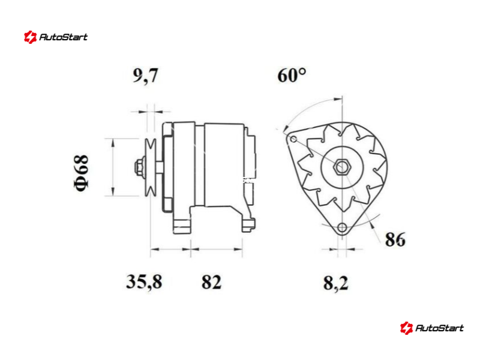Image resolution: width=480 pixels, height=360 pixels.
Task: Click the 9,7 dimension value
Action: [x=146, y=76]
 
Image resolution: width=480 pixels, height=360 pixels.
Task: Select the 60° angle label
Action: [x=292, y=76]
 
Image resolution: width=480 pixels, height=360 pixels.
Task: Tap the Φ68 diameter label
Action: [x=82, y=173]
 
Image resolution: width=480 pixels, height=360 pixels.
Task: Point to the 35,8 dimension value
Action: [x=144, y=282]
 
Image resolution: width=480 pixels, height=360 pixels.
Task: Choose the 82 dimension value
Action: [x=211, y=282]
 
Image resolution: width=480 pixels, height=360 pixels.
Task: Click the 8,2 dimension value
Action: [x=336, y=283]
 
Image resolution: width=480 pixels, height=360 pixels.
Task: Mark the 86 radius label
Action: [x=395, y=239]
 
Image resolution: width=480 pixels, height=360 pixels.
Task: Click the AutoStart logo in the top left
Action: [x=56, y=37]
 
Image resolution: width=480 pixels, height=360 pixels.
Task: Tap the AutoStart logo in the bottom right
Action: [x=431, y=328]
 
